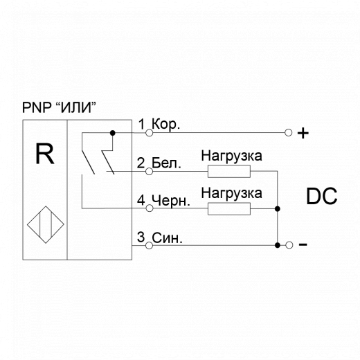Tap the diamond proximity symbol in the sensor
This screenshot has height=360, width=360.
pos(45,224)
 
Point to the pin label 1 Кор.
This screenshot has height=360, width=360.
pos(159,125)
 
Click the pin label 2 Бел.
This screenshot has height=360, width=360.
pos(159,164)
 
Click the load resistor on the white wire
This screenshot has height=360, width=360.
pos(231,171)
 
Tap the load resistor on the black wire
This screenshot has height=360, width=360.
pos(231,208)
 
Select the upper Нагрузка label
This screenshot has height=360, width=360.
pos(232,156)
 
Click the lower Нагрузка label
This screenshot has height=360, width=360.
pos(232,192)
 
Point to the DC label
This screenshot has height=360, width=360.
pos(321,197)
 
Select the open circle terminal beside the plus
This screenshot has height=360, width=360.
pos(288,132)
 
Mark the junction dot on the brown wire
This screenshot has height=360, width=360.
pos(112,132)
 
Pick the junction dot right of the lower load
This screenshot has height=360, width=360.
pos(277,208)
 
